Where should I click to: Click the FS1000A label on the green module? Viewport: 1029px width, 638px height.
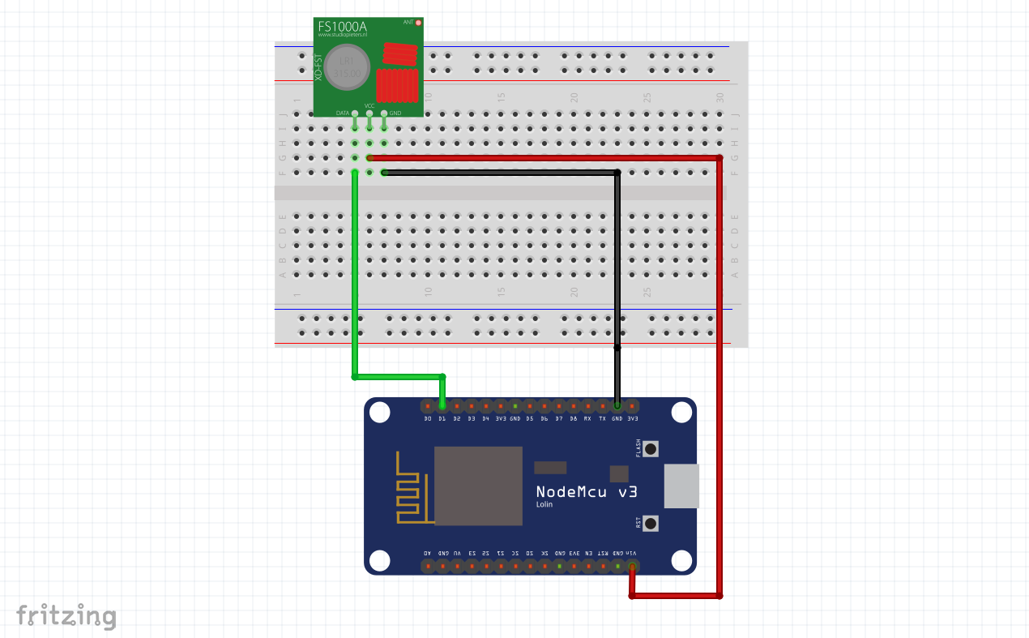point(343,27)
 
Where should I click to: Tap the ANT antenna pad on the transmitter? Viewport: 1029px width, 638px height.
point(418,23)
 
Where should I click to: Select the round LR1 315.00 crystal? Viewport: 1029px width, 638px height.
point(347,68)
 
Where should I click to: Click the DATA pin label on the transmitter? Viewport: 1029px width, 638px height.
point(343,113)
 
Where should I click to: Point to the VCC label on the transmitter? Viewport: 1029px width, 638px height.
point(369,105)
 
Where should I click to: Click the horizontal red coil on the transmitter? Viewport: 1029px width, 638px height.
point(398,54)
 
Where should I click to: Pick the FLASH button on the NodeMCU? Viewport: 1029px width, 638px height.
point(650,448)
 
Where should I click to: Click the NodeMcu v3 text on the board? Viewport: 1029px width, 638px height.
point(587,491)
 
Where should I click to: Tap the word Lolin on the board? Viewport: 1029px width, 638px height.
point(544,504)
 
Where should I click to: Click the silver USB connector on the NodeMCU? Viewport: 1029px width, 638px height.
point(681,486)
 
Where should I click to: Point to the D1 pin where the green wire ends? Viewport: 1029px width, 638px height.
point(442,405)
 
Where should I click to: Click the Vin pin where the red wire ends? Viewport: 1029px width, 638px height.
point(632,567)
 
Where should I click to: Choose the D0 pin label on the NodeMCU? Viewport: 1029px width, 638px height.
point(428,418)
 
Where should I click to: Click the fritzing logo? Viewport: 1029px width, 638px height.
point(66,616)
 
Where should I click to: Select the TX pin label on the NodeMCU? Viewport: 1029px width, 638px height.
point(602,418)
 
